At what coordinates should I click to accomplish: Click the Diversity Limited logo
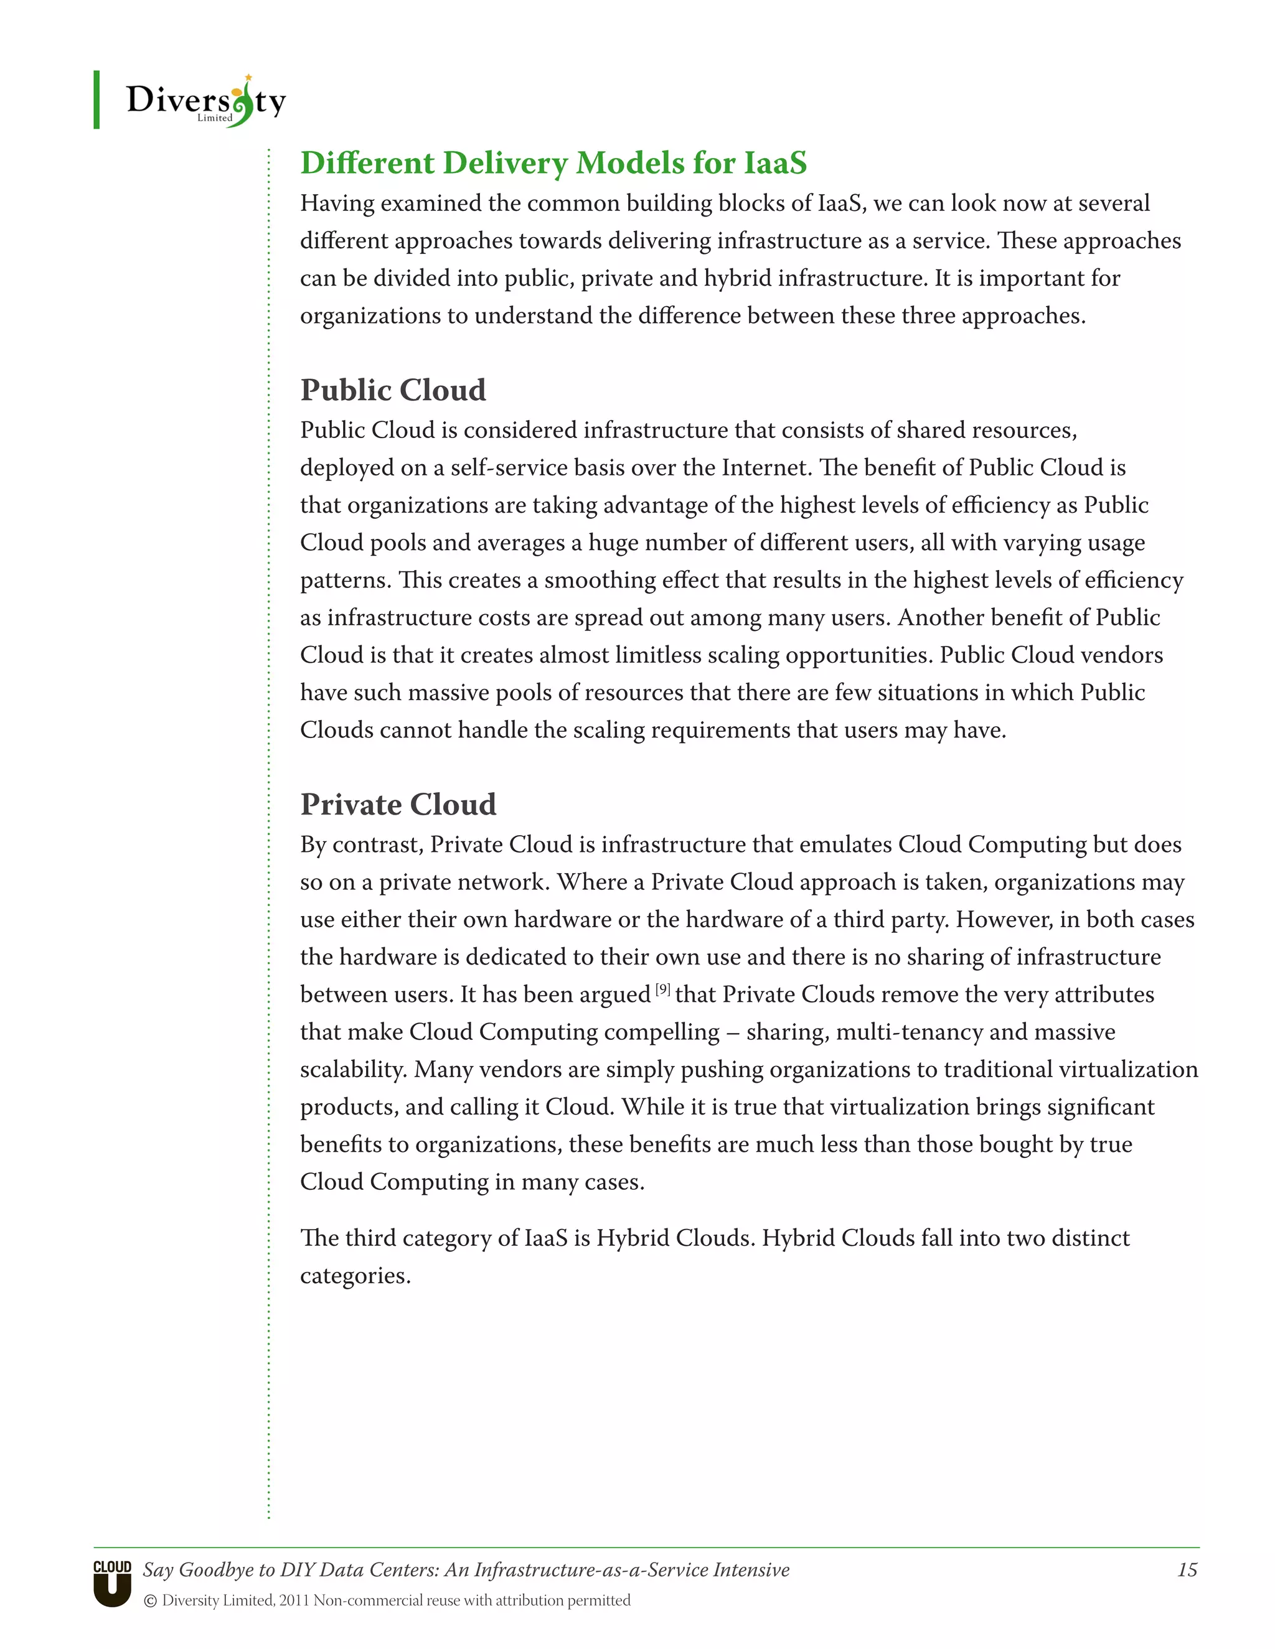[205, 101]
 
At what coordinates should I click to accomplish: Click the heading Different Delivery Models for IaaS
[553, 163]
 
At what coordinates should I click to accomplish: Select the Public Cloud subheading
[393, 390]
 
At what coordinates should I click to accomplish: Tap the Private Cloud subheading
[398, 805]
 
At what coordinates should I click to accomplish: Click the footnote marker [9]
[662, 989]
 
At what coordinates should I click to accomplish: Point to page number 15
[1187, 1570]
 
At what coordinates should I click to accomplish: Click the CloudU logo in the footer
[113, 1583]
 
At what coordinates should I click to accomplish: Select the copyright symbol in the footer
[150, 1600]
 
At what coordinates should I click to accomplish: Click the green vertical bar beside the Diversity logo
[96, 100]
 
